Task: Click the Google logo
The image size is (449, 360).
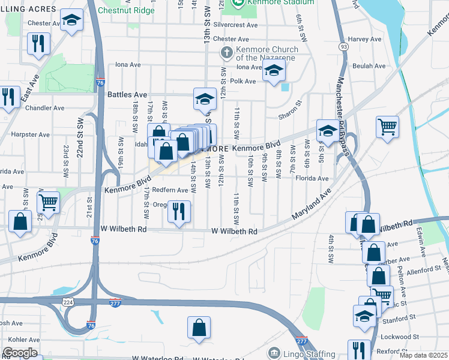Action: [x=20, y=353]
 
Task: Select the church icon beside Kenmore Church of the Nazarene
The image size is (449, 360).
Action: [x=227, y=53]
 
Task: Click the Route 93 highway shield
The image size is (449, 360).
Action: [x=343, y=46]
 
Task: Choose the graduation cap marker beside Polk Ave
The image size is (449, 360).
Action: [x=274, y=72]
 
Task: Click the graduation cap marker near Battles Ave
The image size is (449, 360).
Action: [x=205, y=98]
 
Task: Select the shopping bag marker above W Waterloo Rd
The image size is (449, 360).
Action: [x=199, y=329]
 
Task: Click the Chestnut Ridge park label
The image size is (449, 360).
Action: [x=125, y=11]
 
